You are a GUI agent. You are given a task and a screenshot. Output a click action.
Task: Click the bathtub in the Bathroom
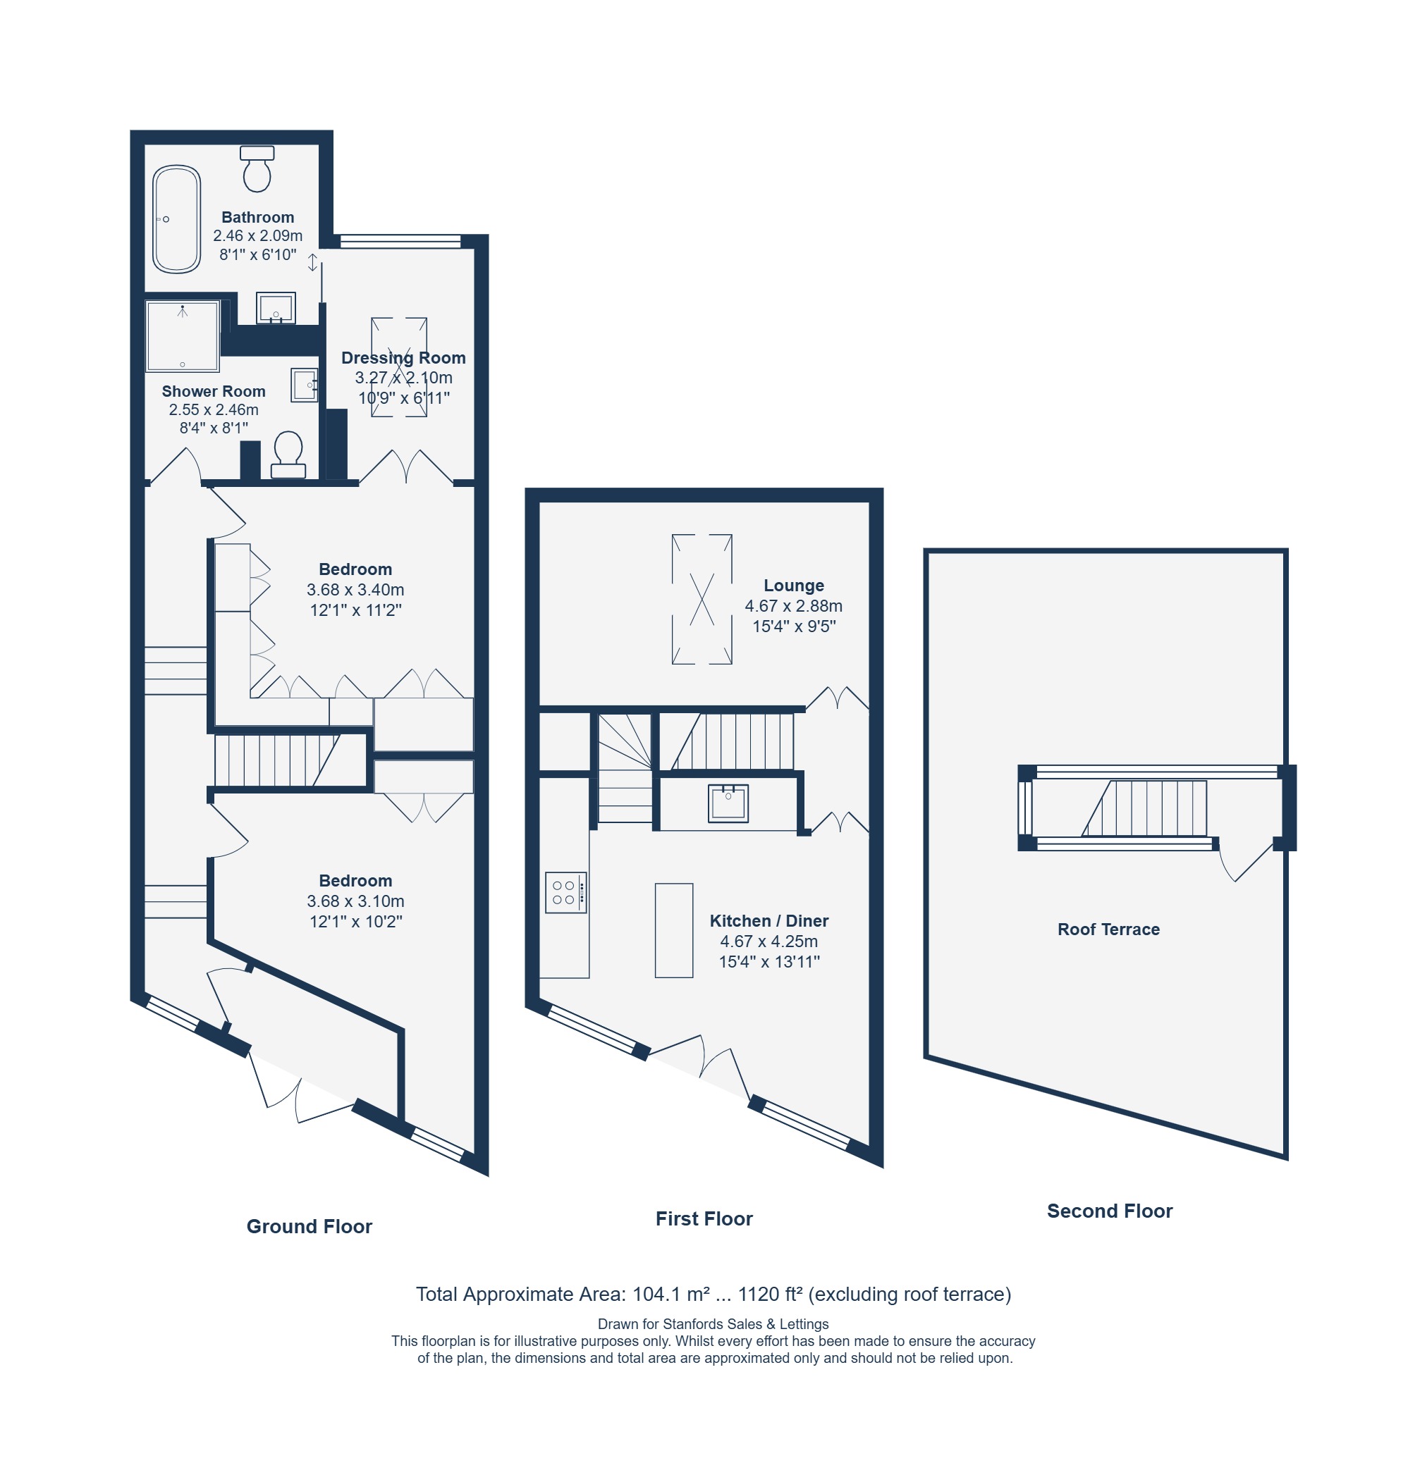[176, 219]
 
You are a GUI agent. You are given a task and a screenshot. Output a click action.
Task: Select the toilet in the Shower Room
[288, 455]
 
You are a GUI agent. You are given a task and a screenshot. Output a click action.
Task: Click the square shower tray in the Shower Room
[183, 336]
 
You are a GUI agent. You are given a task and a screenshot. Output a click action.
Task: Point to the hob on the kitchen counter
[565, 891]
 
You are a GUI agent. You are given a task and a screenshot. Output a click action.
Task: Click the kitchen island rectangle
[674, 930]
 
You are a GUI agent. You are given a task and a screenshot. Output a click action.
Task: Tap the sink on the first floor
[728, 803]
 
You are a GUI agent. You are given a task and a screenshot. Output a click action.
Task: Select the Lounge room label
[794, 585]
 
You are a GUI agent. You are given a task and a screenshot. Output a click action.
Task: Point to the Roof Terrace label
[1108, 929]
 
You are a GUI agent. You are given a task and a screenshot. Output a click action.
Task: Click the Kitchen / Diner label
[769, 921]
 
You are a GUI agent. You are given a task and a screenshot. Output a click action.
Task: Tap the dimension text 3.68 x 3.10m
[355, 901]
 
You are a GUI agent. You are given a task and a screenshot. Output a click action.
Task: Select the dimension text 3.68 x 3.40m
[355, 590]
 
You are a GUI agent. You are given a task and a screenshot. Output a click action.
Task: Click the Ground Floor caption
[309, 1226]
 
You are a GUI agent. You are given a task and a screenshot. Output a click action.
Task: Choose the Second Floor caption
[1110, 1211]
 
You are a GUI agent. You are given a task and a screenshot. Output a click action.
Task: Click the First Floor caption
[704, 1218]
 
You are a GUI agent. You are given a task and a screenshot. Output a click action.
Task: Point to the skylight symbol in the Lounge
[702, 598]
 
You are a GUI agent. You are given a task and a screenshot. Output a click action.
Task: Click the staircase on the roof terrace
[1144, 808]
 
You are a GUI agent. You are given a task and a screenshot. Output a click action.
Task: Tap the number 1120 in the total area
[759, 1295]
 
